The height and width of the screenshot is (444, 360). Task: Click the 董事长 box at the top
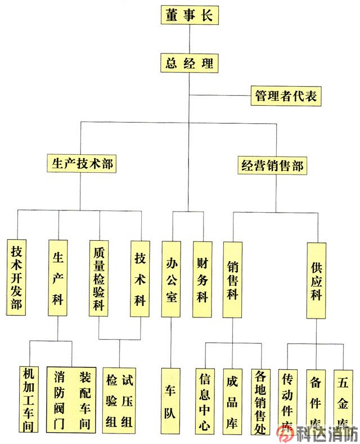[189, 15]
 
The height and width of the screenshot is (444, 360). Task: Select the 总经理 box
[189, 62]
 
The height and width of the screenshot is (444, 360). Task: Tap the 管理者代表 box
[286, 96]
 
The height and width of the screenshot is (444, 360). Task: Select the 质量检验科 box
[99, 278]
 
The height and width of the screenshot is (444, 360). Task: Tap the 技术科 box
[140, 278]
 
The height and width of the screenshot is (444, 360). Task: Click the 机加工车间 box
[28, 399]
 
